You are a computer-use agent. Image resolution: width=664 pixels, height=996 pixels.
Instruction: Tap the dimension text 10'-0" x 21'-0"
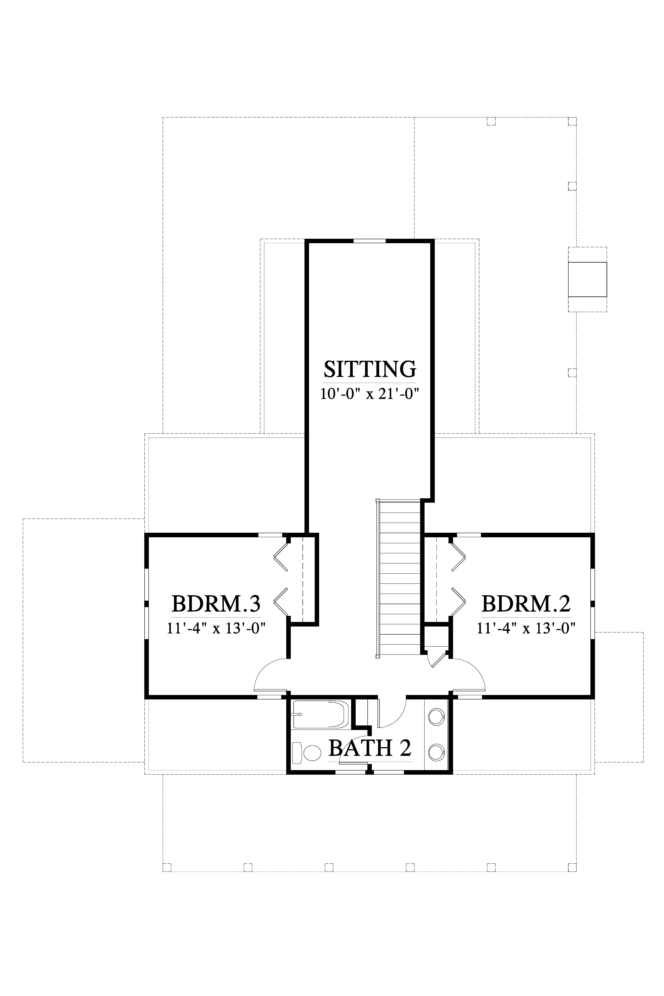(x=370, y=394)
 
